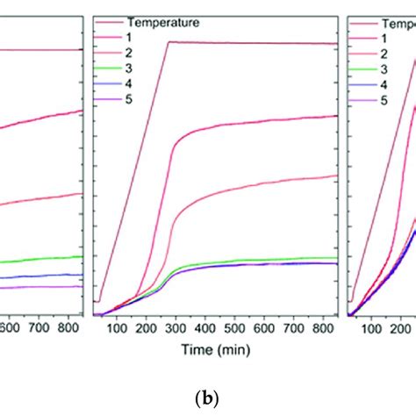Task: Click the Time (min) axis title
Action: tap(216, 348)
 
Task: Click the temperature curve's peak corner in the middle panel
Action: tap(169, 41)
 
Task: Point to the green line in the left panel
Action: tap(44, 259)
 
